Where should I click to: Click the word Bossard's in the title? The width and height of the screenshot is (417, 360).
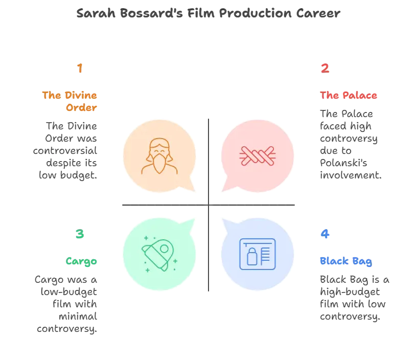tap(151, 13)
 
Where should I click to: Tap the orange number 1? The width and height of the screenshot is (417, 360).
tap(80, 68)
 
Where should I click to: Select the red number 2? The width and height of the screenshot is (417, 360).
tap(325, 68)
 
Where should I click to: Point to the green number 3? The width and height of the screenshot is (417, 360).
tap(80, 234)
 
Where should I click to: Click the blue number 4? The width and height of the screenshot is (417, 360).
tap(325, 234)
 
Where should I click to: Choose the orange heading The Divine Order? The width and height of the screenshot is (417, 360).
tap(69, 101)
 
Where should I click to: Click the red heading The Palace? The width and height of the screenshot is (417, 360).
tap(349, 95)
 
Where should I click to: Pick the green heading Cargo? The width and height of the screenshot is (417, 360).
tap(81, 261)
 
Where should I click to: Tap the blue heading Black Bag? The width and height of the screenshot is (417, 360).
tap(346, 261)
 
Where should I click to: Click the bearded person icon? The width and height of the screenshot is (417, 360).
tap(159, 155)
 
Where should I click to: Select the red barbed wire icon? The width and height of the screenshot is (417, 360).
tap(258, 156)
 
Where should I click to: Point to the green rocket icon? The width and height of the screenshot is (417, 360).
tap(159, 254)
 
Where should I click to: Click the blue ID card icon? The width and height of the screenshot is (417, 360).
tap(258, 254)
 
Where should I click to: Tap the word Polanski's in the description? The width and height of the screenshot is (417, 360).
tap(343, 163)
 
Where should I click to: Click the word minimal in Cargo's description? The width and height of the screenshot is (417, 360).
tap(78, 317)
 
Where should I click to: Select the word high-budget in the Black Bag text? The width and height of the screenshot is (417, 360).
tap(350, 292)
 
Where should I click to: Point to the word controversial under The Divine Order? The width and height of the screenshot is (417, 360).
tap(65, 151)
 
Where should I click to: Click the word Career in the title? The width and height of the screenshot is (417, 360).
tap(318, 13)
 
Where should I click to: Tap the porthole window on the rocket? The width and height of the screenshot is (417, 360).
tap(164, 249)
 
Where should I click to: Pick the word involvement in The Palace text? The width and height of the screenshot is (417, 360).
tap(351, 175)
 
